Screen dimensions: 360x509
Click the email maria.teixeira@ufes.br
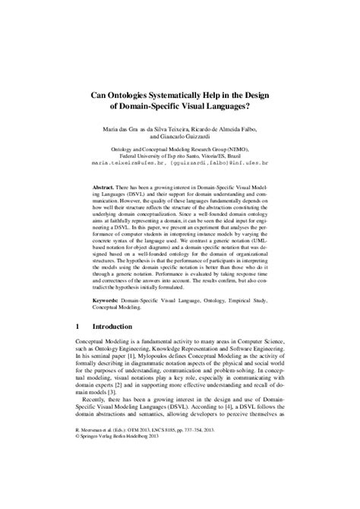[x=123, y=163]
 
